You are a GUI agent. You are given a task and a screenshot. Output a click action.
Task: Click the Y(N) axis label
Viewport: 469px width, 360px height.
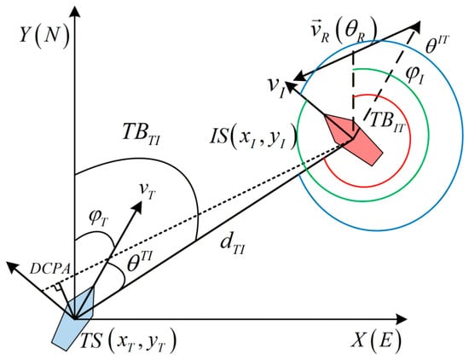click(44, 36)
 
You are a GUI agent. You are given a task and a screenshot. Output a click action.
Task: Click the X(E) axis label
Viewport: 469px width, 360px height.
click(376, 340)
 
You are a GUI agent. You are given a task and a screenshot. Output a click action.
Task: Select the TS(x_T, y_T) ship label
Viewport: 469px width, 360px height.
click(128, 341)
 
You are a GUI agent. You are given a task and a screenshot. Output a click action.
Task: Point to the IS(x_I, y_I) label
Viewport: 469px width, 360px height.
click(253, 138)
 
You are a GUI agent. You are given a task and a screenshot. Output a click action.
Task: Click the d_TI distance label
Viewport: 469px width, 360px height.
click(233, 246)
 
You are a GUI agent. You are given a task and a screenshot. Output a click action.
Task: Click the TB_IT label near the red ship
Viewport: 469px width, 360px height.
click(387, 122)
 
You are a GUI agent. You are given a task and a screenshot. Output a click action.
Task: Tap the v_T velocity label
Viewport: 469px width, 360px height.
click(147, 190)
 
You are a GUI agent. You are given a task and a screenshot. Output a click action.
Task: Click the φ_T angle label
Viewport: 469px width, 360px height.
click(98, 220)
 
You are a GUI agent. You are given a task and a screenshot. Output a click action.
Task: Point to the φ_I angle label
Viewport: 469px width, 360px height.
click(414, 75)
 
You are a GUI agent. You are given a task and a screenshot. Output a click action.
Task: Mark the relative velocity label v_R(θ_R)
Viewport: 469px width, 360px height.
click(343, 32)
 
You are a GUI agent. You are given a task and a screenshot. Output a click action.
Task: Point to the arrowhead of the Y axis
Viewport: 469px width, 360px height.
click(74, 12)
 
